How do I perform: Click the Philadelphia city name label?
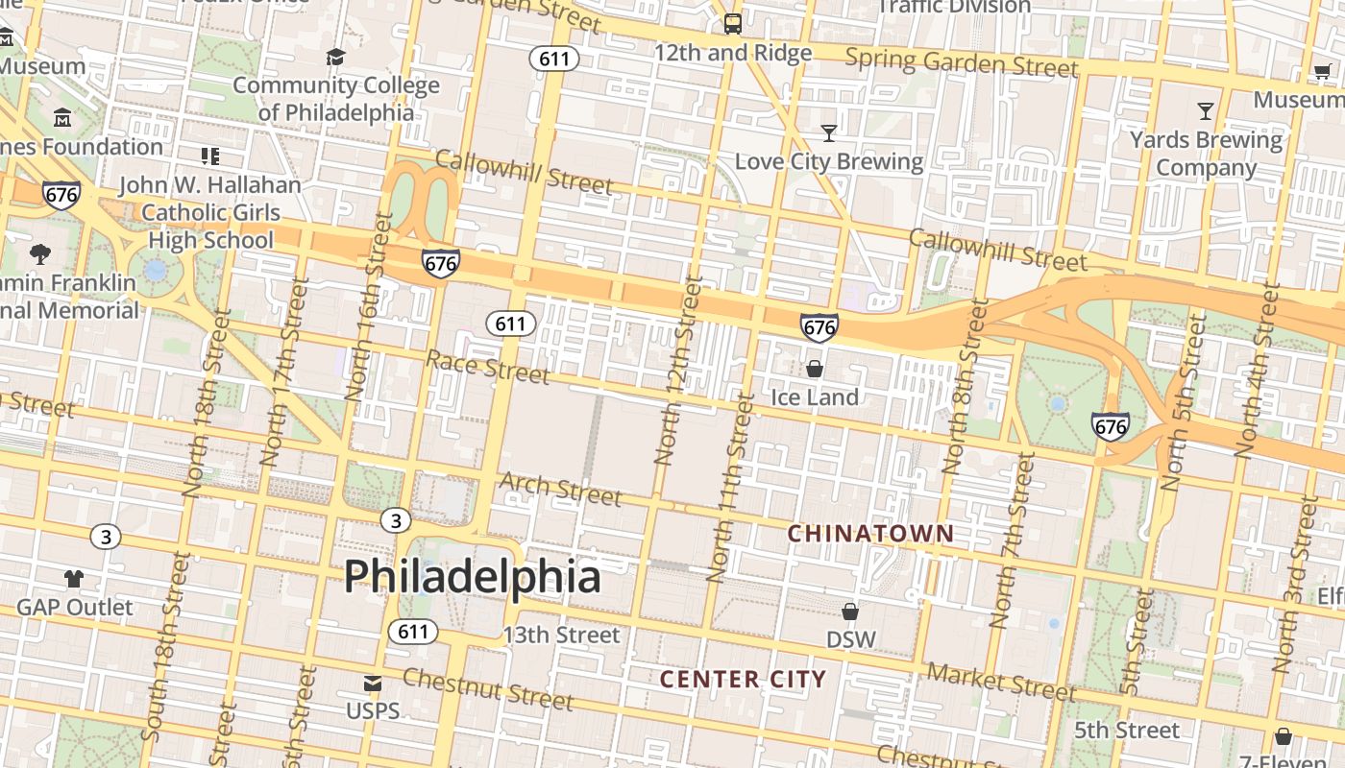click(473, 576)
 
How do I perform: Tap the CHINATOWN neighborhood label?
click(871, 534)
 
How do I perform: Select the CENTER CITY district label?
click(743, 680)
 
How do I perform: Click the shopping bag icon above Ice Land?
click(815, 369)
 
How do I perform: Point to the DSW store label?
click(851, 639)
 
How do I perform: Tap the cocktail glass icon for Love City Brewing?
click(828, 132)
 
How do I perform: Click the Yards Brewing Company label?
click(1206, 154)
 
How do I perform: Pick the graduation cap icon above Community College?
click(335, 58)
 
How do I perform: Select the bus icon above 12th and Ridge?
click(733, 23)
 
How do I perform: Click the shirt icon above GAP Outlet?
click(74, 579)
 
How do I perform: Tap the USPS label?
click(373, 711)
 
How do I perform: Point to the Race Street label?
click(488, 366)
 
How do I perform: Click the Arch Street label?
click(560, 488)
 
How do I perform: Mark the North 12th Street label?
click(678, 371)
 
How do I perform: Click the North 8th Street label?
click(966, 386)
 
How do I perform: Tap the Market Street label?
click(1002, 683)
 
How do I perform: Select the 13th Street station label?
click(562, 635)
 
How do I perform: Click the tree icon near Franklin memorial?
click(40, 254)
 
